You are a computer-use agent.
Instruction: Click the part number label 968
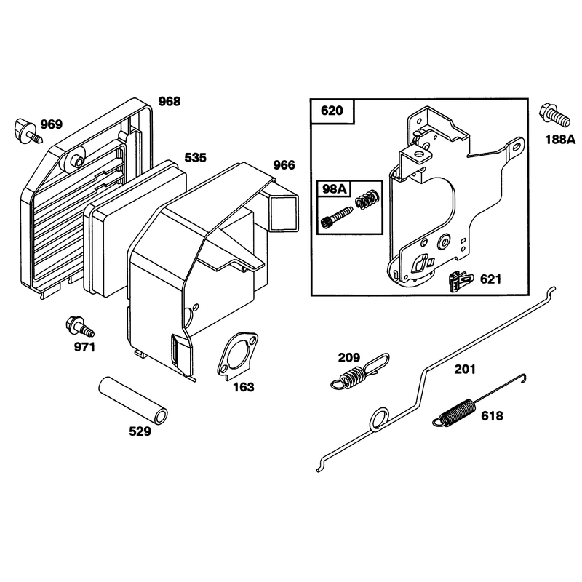click(170, 101)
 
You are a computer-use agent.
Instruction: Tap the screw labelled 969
click(28, 130)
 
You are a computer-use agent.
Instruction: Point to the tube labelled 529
click(132, 399)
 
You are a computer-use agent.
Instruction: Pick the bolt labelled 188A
click(554, 116)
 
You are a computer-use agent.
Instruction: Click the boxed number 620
click(332, 111)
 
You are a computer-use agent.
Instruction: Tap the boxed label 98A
click(334, 189)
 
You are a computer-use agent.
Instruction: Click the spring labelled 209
click(359, 372)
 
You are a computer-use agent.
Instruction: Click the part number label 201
click(465, 370)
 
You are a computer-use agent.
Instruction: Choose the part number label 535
click(195, 157)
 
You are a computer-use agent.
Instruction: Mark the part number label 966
click(284, 165)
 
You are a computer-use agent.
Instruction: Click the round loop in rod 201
click(379, 419)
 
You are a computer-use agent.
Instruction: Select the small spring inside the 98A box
click(367, 199)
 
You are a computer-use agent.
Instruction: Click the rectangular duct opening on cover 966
click(284, 212)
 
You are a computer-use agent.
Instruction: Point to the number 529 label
click(140, 431)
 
